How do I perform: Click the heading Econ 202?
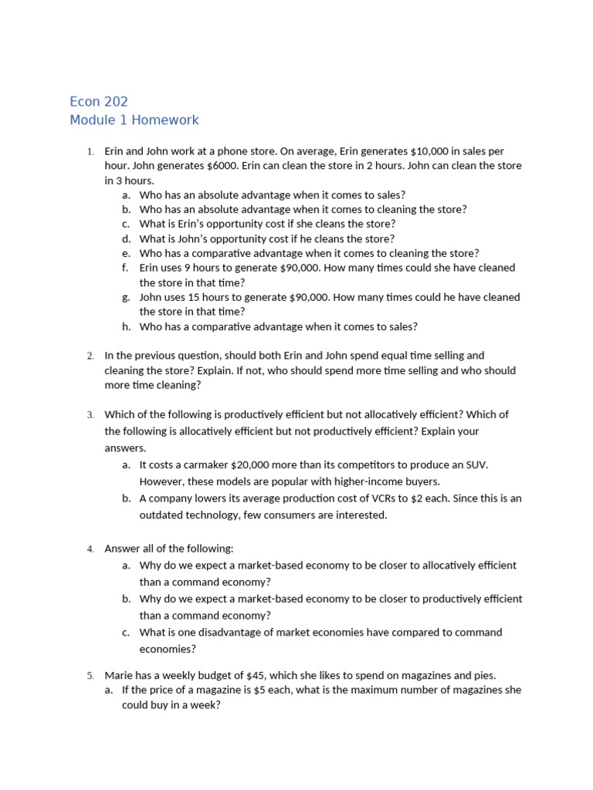tap(98, 101)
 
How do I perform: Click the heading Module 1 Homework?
tap(134, 120)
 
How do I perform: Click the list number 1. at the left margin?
tap(90, 152)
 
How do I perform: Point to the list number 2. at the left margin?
tap(90, 356)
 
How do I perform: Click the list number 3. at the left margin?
tap(90, 415)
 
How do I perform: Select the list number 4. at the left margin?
tap(90, 549)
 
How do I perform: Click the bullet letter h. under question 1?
tap(126, 326)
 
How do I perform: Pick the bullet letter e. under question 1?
tap(126, 253)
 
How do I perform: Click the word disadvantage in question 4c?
tap(229, 633)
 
